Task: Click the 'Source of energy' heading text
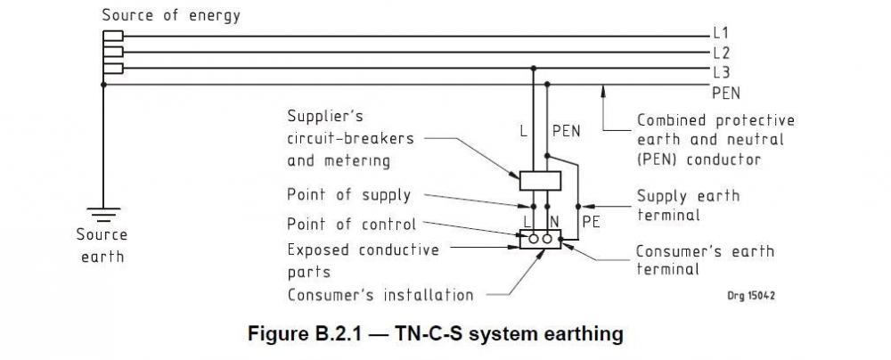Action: point(171,15)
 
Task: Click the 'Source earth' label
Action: point(102,246)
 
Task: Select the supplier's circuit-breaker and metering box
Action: point(541,180)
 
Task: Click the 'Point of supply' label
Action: point(349,195)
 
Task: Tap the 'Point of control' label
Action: point(352,224)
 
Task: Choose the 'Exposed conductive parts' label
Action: point(364,261)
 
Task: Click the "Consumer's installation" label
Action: point(380,295)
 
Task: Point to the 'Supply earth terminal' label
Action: point(688,205)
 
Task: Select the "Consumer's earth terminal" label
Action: point(705,260)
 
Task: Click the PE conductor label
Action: point(591,222)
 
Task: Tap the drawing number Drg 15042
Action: point(751,296)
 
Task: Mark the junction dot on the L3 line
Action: point(533,69)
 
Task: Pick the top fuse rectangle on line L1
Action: point(113,36)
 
